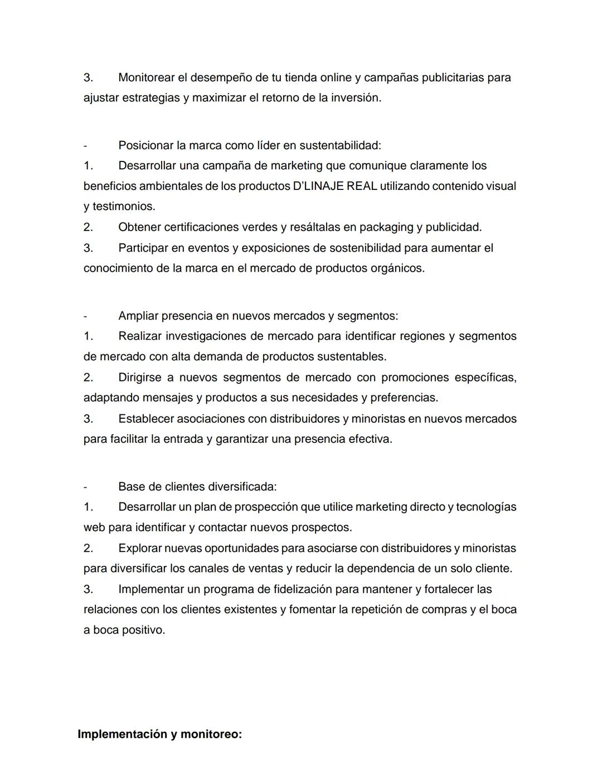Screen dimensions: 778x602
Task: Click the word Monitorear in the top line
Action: click(145, 77)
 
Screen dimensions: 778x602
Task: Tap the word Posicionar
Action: click(145, 145)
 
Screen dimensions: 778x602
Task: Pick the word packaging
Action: click(386, 227)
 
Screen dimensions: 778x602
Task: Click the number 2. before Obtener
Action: click(88, 227)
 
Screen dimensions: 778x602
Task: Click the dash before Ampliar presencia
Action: click(85, 316)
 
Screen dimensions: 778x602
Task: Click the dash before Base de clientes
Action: click(85, 487)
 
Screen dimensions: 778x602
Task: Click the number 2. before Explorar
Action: click(88, 549)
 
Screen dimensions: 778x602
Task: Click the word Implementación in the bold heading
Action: click(122, 735)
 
